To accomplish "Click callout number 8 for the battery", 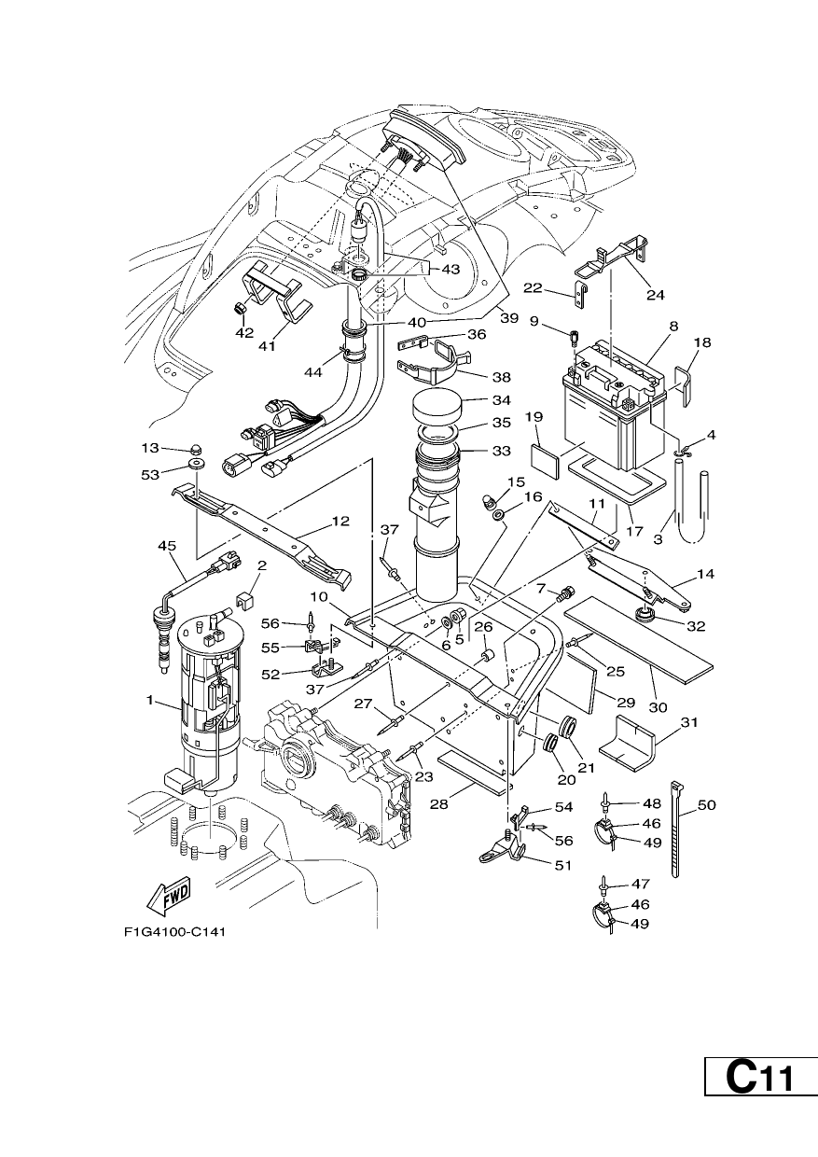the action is pos(672,327).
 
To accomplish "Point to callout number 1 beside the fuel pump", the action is pos(150,701).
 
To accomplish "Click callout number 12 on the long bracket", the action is pos(340,521).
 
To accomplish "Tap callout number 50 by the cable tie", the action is pos(707,804).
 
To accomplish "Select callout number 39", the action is pos(509,318).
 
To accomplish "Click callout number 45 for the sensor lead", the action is pos(167,546).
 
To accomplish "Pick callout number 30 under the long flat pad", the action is pos(658,706).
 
